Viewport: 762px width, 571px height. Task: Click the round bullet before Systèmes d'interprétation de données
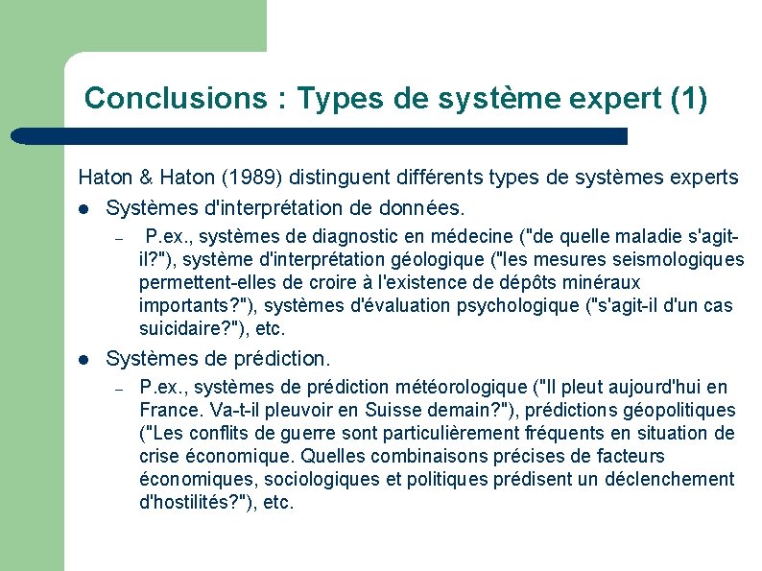(83, 208)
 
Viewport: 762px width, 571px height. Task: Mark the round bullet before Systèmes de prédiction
(83, 360)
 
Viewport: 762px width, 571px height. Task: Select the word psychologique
(510, 306)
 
